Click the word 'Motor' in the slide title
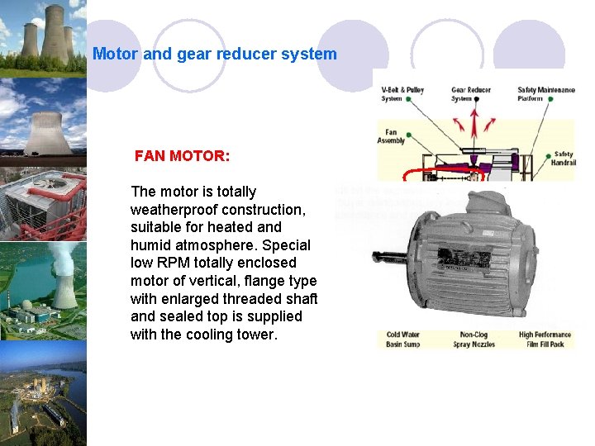click(116, 55)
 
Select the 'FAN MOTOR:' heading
click(182, 155)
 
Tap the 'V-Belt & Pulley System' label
click(402, 94)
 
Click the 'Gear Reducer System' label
click(471, 94)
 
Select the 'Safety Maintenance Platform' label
click(545, 94)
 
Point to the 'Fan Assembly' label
click(391, 136)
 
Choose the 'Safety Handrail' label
click(564, 158)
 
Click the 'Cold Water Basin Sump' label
click(403, 339)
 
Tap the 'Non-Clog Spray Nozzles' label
click(473, 339)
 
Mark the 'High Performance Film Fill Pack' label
click(546, 339)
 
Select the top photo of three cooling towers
click(43, 37)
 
